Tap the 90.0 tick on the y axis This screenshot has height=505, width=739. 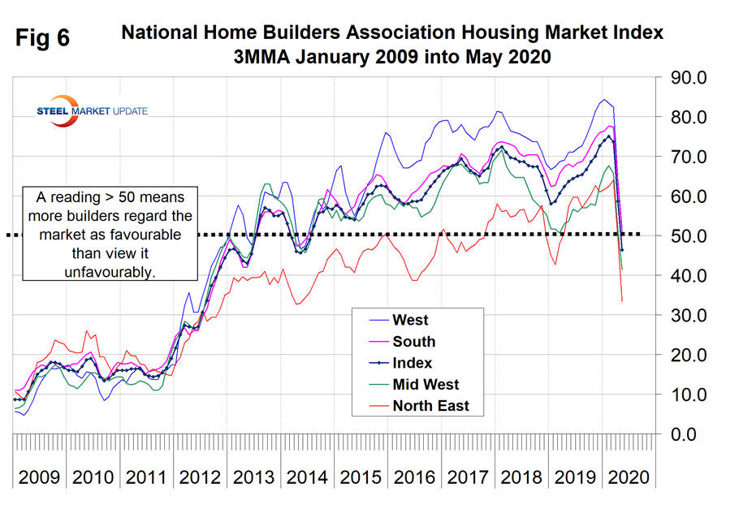[x=689, y=78]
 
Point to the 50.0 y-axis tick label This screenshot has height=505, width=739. [x=689, y=236]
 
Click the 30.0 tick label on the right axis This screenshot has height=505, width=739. [x=689, y=315]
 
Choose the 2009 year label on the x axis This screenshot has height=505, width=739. [x=38, y=477]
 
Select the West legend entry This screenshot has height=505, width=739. [x=410, y=321]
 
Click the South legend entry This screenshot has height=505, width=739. [x=413, y=342]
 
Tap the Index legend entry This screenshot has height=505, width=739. [x=412, y=363]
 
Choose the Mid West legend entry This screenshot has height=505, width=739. [x=425, y=385]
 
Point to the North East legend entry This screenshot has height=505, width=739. [x=430, y=406]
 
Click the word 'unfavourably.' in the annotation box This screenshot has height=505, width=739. [x=109, y=273]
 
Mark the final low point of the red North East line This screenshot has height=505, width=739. [x=622, y=302]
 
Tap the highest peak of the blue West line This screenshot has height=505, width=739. [x=603, y=100]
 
